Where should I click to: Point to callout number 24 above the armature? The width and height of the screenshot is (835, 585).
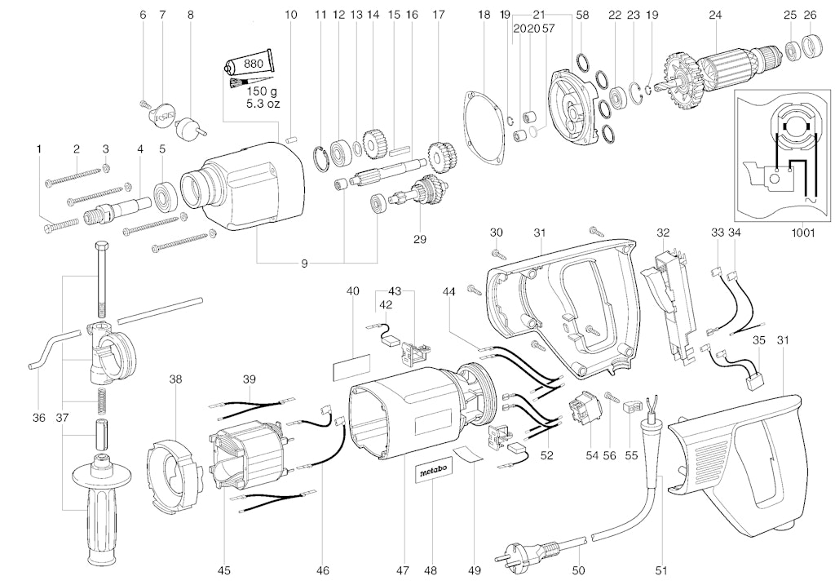tap(715, 14)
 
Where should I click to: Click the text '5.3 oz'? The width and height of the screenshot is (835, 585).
tap(263, 104)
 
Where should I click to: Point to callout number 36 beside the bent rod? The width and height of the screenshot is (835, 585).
tap(39, 418)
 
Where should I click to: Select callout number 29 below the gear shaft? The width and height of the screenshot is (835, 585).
tap(419, 239)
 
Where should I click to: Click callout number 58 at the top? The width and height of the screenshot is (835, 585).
tap(582, 14)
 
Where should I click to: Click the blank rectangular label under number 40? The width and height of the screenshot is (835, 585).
tap(351, 367)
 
